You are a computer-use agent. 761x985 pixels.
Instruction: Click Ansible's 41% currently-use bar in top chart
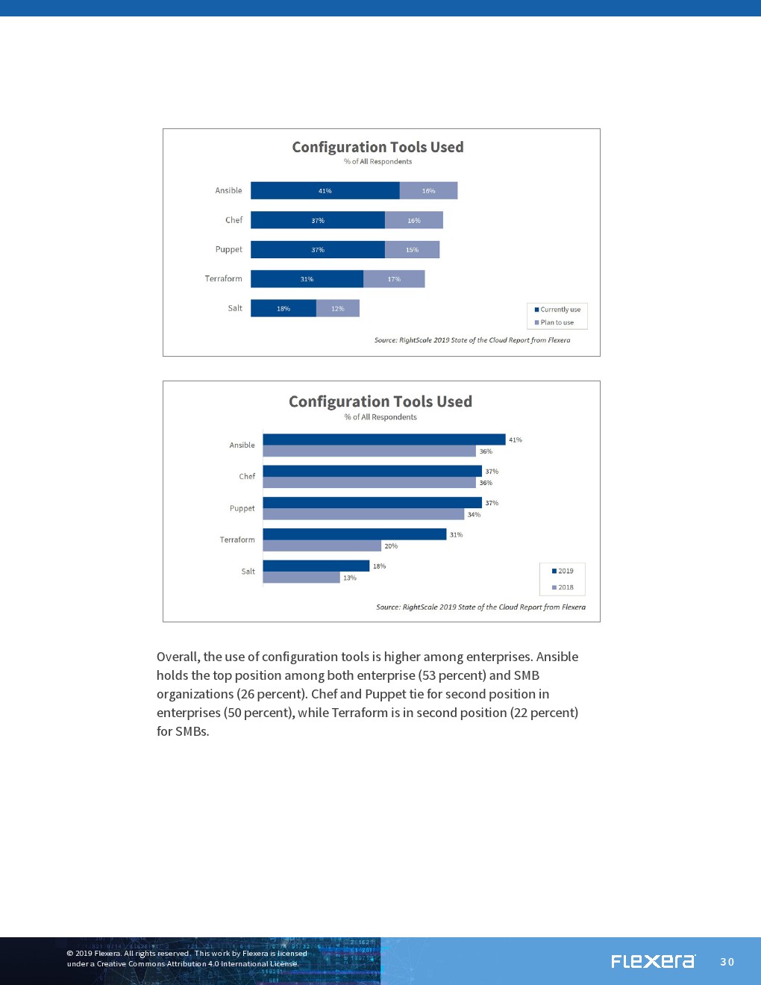click(x=325, y=191)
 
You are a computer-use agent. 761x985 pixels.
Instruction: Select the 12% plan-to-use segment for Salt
click(x=338, y=308)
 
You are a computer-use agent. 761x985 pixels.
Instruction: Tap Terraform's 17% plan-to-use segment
click(x=394, y=279)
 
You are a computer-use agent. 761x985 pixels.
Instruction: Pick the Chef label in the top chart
click(x=234, y=220)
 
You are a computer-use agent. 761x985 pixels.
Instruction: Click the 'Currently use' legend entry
click(x=557, y=310)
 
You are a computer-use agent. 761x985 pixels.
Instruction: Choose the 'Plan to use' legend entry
click(x=554, y=322)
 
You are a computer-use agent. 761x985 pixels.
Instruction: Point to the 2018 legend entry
click(x=563, y=587)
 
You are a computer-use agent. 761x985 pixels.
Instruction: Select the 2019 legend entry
click(x=563, y=571)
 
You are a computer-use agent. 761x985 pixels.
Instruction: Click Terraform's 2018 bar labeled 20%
click(x=322, y=546)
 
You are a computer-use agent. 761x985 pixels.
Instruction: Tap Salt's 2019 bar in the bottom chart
click(x=316, y=566)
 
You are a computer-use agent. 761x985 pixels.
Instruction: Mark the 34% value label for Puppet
click(x=474, y=515)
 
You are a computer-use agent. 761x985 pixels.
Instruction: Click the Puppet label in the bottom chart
click(x=242, y=508)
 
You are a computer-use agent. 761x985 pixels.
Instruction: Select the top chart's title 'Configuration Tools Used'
click(x=378, y=147)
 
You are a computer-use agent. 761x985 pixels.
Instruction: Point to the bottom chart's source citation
click(x=480, y=607)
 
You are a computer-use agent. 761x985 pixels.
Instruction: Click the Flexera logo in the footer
click(x=653, y=961)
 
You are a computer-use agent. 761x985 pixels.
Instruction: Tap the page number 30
click(x=727, y=962)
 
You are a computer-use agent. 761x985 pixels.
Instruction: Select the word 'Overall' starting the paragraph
click(x=178, y=657)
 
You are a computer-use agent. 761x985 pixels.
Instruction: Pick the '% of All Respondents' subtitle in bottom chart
click(x=380, y=417)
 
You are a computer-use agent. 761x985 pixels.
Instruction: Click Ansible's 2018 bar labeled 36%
click(x=369, y=451)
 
